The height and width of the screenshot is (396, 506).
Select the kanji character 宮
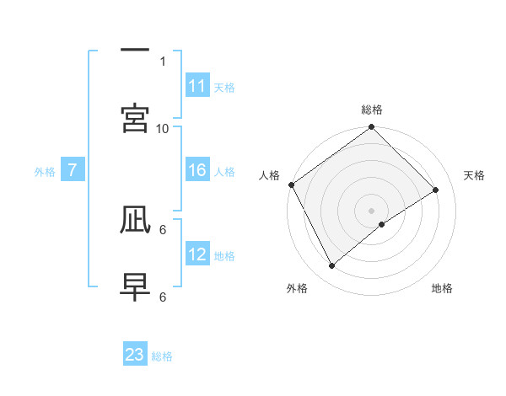click(x=135, y=118)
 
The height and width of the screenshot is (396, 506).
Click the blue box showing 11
click(x=197, y=86)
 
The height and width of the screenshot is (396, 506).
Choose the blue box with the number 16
click(x=197, y=171)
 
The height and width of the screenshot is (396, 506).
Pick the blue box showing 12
click(x=197, y=255)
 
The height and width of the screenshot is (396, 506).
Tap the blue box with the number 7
click(x=73, y=171)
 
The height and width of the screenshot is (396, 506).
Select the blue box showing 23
click(x=135, y=355)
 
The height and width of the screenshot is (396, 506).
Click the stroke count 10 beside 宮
click(x=163, y=128)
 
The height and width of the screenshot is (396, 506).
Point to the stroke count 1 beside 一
click(x=163, y=62)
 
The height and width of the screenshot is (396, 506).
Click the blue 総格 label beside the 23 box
click(x=162, y=356)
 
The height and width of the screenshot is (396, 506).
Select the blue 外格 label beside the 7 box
click(x=45, y=172)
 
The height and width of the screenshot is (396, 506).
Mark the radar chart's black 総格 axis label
click(x=372, y=110)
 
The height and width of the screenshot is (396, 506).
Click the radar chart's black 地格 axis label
click(x=442, y=288)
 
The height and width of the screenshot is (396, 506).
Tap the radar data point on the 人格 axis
click(x=292, y=185)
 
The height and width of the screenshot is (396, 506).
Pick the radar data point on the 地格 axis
click(x=382, y=224)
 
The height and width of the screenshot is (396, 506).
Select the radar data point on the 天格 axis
click(x=436, y=190)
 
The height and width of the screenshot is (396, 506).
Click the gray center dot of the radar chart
click(x=372, y=210)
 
